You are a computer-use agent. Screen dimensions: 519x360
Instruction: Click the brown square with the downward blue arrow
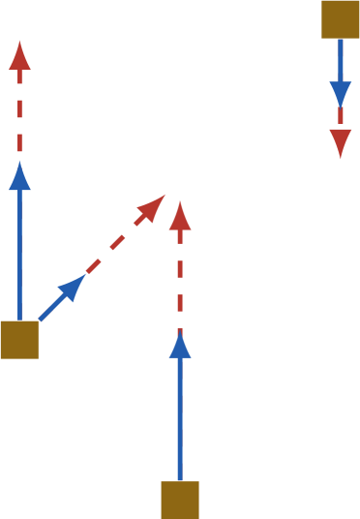point(340,18)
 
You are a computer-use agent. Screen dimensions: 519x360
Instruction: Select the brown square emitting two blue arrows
point(19,340)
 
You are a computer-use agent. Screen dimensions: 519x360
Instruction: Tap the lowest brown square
point(180,500)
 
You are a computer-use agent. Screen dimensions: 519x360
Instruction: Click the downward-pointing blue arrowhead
point(340,94)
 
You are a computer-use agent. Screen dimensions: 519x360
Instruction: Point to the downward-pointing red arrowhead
point(340,142)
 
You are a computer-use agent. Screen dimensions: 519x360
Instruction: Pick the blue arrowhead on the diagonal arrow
point(74,286)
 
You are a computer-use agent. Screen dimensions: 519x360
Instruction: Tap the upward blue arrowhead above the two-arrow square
point(20,176)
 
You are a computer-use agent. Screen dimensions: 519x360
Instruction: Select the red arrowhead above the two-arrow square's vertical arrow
point(20,55)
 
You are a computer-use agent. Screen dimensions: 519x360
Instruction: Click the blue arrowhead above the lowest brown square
point(180,346)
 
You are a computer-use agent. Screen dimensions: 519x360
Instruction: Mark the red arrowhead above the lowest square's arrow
point(180,216)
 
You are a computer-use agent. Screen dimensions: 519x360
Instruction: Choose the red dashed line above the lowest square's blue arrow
point(180,281)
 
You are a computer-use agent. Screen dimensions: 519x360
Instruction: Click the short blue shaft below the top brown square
point(340,60)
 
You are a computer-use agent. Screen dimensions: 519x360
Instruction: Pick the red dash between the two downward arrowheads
point(340,115)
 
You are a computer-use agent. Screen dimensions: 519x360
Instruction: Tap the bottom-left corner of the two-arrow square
point(2,357)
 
